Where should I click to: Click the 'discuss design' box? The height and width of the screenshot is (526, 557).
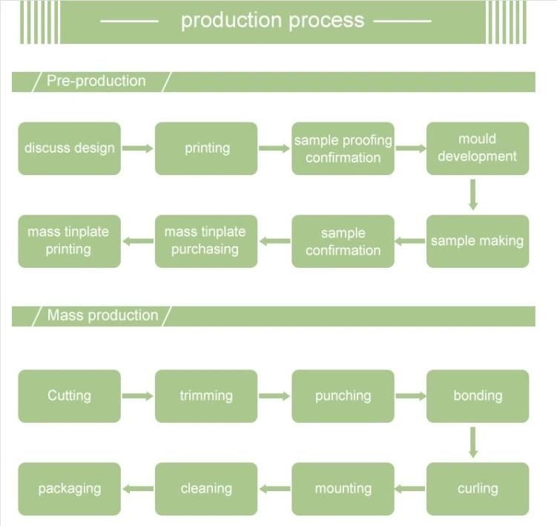[x=69, y=148]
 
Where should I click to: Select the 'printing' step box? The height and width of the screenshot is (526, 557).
[x=206, y=148]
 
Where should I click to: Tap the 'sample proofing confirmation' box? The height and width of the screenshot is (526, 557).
[x=343, y=148]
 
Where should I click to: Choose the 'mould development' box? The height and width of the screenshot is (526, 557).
[x=477, y=148]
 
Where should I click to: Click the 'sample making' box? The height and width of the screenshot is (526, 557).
[x=477, y=241]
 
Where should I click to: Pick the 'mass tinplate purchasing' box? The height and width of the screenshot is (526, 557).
[x=206, y=241]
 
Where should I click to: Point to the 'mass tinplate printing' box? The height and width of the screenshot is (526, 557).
[x=69, y=241]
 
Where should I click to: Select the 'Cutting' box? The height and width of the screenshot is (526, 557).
[x=69, y=395]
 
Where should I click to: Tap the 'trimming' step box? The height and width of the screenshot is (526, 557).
[x=206, y=395]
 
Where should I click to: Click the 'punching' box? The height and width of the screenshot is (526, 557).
[x=343, y=395]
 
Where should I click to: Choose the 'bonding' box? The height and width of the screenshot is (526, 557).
[x=477, y=395]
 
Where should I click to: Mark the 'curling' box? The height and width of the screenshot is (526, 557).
[x=477, y=488]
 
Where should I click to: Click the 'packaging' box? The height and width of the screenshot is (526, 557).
[x=69, y=488]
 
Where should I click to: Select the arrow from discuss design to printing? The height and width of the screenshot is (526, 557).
[x=137, y=148]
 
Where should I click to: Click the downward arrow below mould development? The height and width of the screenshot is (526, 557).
[x=472, y=195]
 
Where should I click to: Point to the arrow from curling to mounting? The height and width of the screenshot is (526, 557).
[x=409, y=488]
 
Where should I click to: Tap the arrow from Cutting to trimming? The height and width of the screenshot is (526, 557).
[x=137, y=396]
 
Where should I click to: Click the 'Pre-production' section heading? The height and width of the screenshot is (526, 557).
[x=96, y=82]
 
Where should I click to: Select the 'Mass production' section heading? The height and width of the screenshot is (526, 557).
[x=102, y=315]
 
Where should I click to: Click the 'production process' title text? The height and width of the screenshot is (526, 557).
[x=272, y=20]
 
